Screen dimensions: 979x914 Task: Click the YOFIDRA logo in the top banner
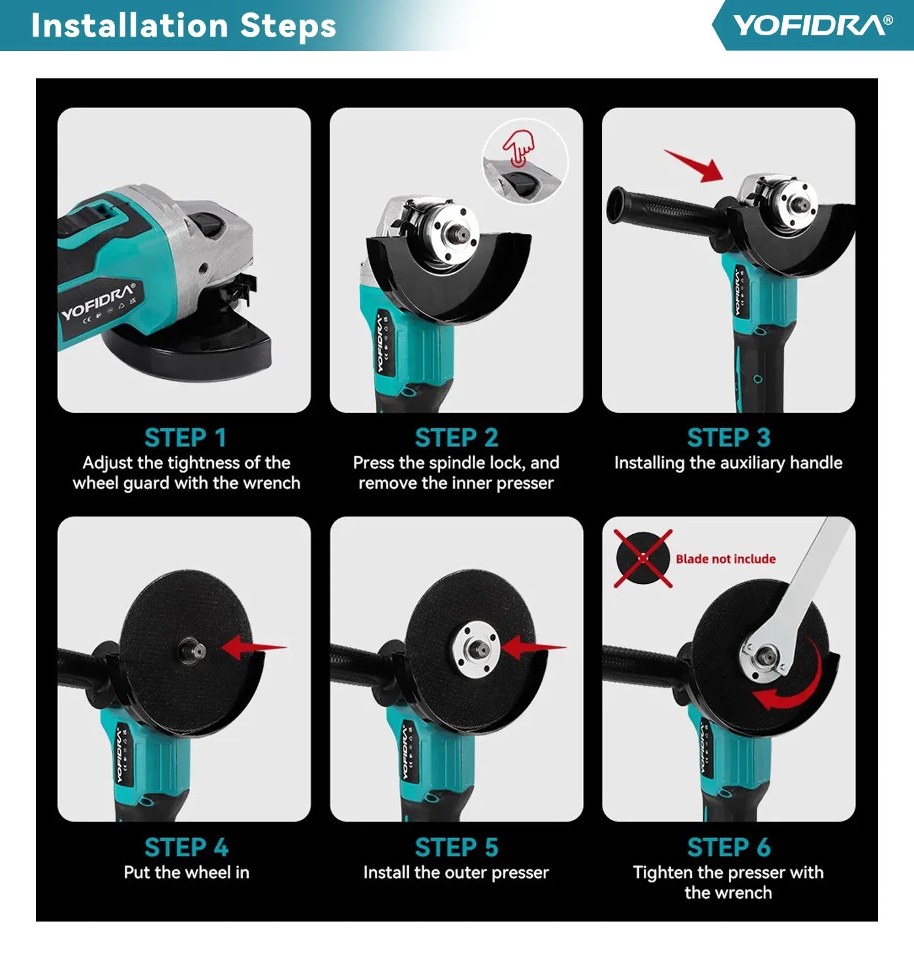[x=812, y=25]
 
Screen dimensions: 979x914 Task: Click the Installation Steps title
[x=183, y=26]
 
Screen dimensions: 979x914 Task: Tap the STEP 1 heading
[x=185, y=438]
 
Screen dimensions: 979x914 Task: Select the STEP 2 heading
[x=456, y=438]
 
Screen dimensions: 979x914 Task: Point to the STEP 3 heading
[x=728, y=438]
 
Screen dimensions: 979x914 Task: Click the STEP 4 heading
[x=185, y=847]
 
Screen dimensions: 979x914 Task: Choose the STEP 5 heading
[x=456, y=847]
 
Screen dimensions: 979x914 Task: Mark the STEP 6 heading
[x=728, y=847]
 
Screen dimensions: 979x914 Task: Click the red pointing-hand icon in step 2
[x=519, y=148]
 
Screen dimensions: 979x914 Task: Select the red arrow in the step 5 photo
[x=531, y=647]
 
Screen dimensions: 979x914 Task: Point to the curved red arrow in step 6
[x=793, y=682]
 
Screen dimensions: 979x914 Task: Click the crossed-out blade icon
[x=643, y=559]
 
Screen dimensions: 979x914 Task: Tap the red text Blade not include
[x=725, y=559]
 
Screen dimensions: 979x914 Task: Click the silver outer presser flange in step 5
[x=477, y=649]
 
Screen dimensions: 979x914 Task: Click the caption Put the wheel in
[x=186, y=873]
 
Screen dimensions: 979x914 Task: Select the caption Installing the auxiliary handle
[x=728, y=463]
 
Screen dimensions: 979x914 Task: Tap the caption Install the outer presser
[x=456, y=873]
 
